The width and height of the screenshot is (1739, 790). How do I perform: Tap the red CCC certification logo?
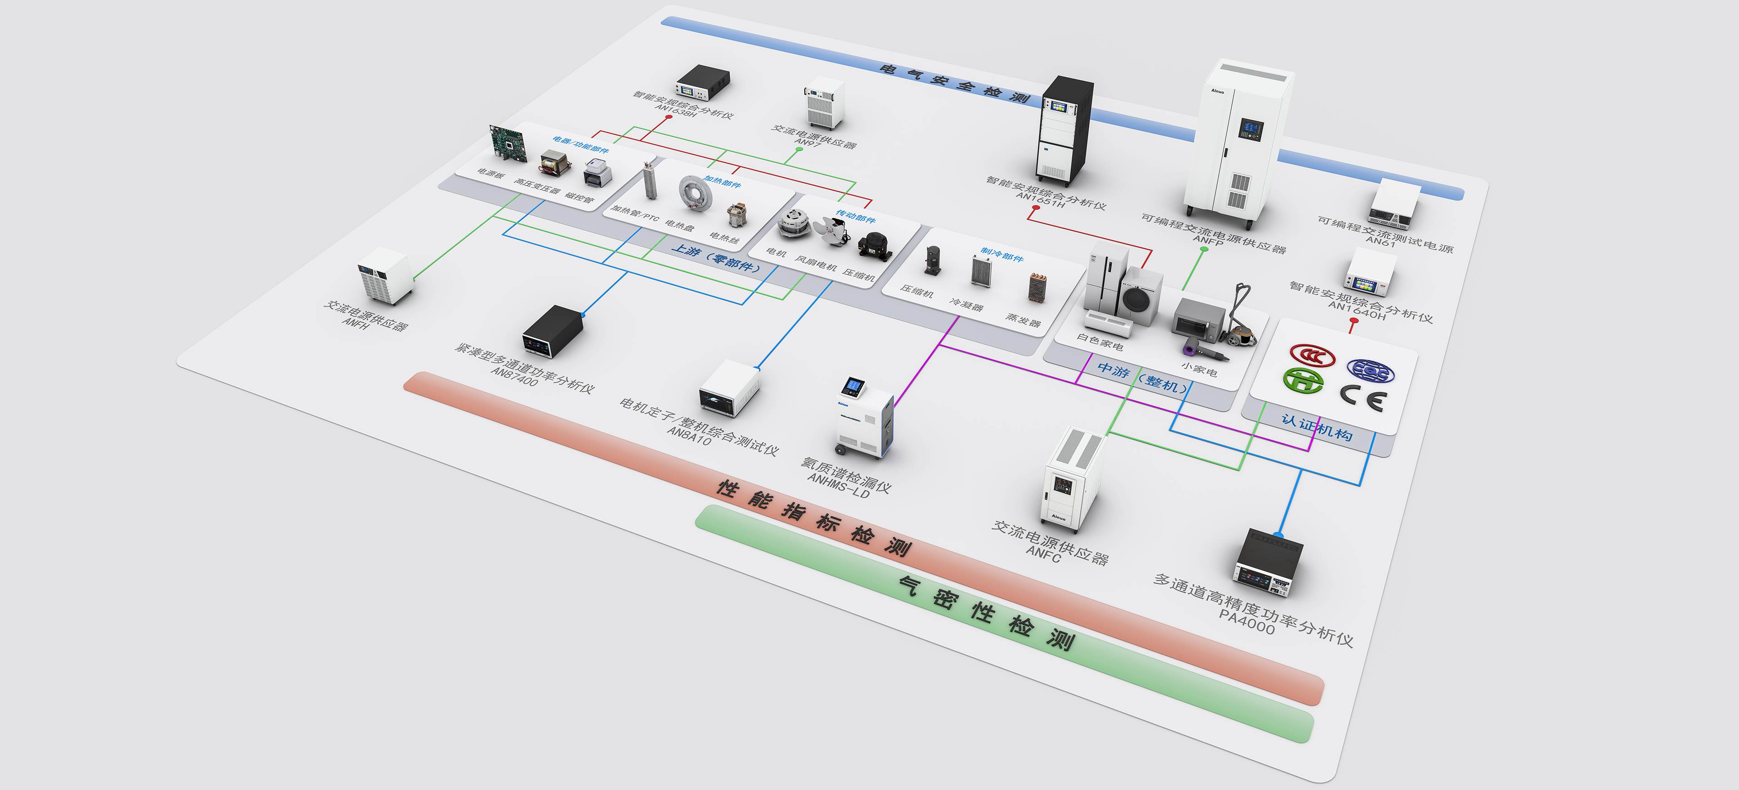click(x=1312, y=355)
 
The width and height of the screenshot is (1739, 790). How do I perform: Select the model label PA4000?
click(x=1246, y=620)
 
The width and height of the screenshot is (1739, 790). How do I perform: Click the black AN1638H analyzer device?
click(x=702, y=83)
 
